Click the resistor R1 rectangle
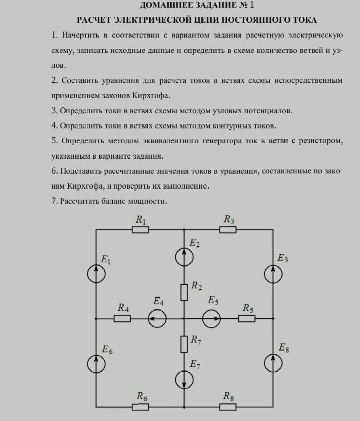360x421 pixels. (x=140, y=229)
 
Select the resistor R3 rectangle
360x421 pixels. (x=228, y=229)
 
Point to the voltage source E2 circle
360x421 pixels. (x=184, y=257)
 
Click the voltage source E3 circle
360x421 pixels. (x=273, y=274)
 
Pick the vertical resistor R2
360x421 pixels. (x=184, y=292)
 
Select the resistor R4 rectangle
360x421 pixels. (x=122, y=319)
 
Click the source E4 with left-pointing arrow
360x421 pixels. (x=157, y=319)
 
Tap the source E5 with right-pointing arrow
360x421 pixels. (x=211, y=319)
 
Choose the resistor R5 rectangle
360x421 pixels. (x=247, y=319)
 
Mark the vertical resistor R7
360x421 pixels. (x=184, y=344)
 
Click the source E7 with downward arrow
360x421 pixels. (x=184, y=379)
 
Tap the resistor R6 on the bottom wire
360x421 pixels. (x=140, y=407)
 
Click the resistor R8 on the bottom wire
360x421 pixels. (x=228, y=407)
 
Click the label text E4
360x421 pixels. (x=159, y=301)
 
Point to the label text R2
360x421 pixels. (x=196, y=286)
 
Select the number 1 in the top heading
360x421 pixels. (x=252, y=5)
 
